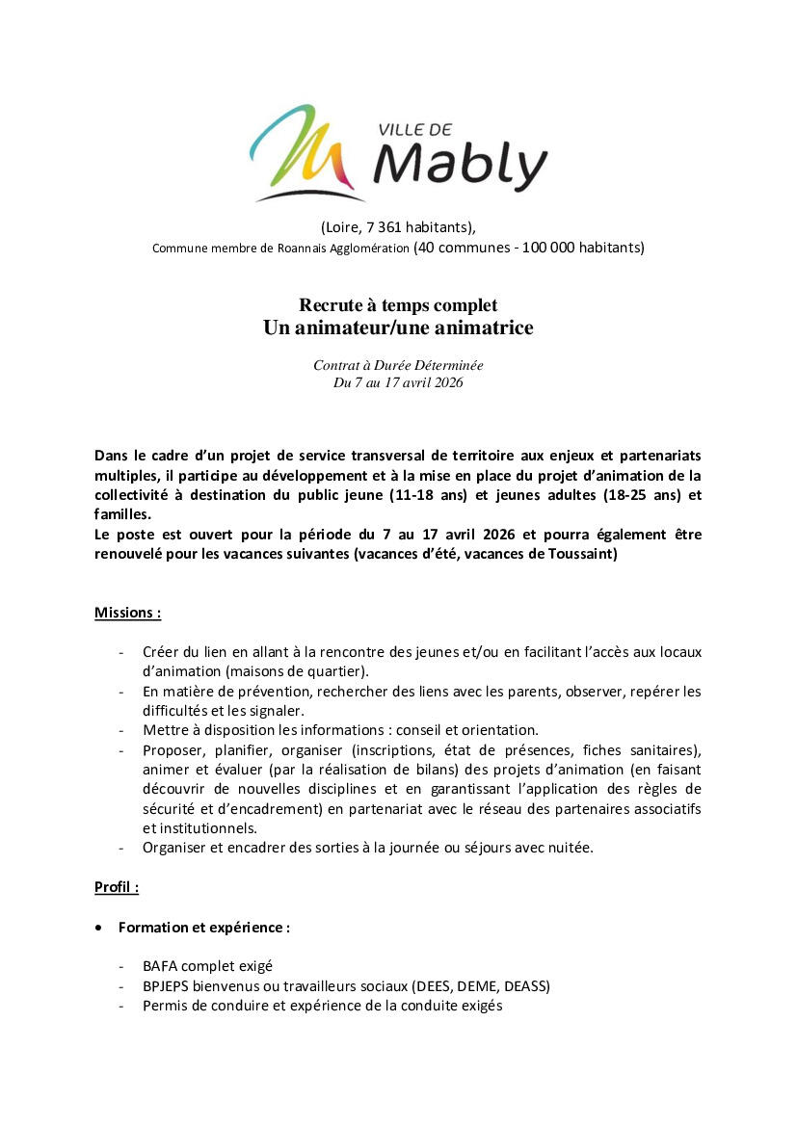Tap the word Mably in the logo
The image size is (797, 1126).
[x=459, y=167]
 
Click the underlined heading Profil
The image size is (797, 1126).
[x=115, y=886]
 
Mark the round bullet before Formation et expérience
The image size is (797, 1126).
[x=100, y=928]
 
